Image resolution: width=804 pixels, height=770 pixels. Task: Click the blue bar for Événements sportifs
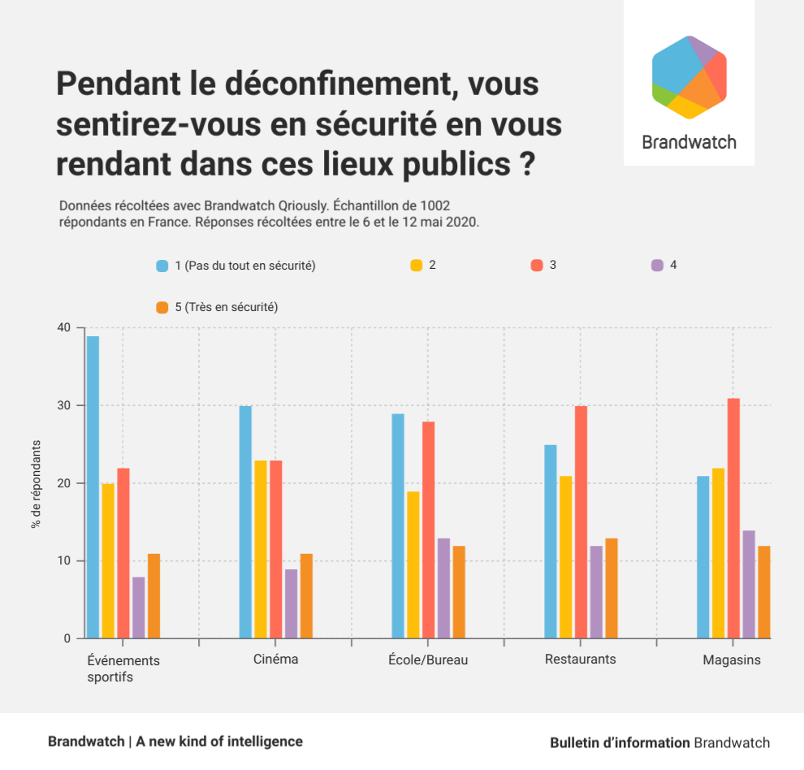(x=93, y=487)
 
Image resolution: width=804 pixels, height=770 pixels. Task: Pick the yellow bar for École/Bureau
(x=413, y=565)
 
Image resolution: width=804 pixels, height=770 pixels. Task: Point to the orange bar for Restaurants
(x=612, y=588)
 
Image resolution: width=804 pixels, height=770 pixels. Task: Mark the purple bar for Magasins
(x=749, y=584)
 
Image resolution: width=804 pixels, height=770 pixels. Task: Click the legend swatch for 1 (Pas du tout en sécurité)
(x=162, y=266)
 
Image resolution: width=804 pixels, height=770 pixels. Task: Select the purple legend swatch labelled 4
(x=658, y=266)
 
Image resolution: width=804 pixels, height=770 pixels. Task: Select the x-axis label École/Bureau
(x=428, y=660)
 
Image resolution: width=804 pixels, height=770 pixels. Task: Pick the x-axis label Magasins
(x=732, y=660)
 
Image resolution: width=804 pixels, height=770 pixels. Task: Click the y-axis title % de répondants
(x=36, y=484)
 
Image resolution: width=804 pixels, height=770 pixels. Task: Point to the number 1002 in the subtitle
(x=434, y=205)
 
